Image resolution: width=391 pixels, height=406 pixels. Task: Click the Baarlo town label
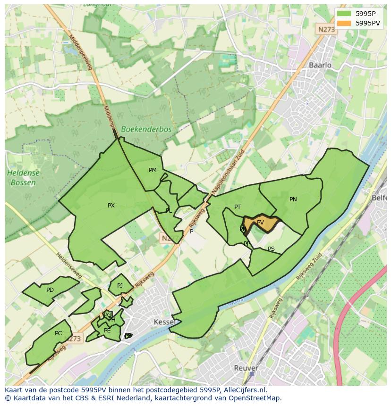click(x=320, y=65)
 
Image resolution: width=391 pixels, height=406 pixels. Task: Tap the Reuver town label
click(x=246, y=368)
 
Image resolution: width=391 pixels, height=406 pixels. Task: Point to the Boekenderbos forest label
click(x=146, y=129)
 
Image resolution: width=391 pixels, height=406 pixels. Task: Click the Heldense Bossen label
click(x=24, y=178)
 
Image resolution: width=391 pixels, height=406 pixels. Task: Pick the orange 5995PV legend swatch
click(x=344, y=23)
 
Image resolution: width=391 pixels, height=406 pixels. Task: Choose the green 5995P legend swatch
click(x=344, y=14)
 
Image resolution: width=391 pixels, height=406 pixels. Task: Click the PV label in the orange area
click(x=260, y=223)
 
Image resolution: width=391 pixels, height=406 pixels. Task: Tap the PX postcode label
click(x=111, y=206)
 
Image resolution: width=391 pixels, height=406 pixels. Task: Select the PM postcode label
click(x=153, y=170)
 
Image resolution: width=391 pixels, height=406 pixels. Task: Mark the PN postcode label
click(x=293, y=199)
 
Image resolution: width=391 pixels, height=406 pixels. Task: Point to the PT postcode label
click(x=238, y=207)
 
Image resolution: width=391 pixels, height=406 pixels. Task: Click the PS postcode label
click(x=271, y=249)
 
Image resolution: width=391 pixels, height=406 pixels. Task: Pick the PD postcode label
click(x=50, y=290)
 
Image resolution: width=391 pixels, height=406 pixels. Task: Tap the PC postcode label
click(x=58, y=333)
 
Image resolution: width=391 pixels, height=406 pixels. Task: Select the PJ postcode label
click(x=120, y=285)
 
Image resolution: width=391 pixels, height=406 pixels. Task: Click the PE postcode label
click(x=107, y=331)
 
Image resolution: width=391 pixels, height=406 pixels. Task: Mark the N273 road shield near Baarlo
click(x=326, y=29)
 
